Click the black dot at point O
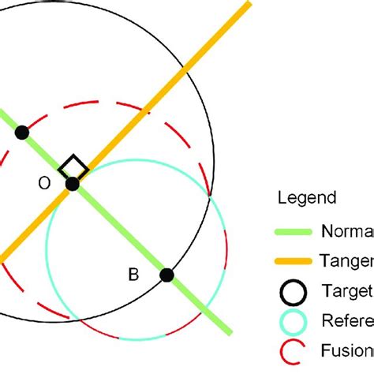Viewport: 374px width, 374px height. [73, 184]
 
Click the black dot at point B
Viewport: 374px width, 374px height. [166, 275]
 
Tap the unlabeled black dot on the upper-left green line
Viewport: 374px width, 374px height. [22, 133]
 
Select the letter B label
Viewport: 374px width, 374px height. [133, 274]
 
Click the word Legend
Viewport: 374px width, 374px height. [306, 198]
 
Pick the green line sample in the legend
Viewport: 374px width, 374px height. [292, 232]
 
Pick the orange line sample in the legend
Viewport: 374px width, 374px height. [292, 261]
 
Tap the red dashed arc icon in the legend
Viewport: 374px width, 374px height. [292, 350]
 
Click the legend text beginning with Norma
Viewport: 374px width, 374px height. [347, 232]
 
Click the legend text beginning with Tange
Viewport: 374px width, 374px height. [347, 261]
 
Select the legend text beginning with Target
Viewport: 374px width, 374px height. [347, 290]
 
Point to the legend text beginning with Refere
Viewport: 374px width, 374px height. [347, 320]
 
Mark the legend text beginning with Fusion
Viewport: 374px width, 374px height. [347, 350]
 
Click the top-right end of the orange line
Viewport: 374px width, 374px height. [249, 4]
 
